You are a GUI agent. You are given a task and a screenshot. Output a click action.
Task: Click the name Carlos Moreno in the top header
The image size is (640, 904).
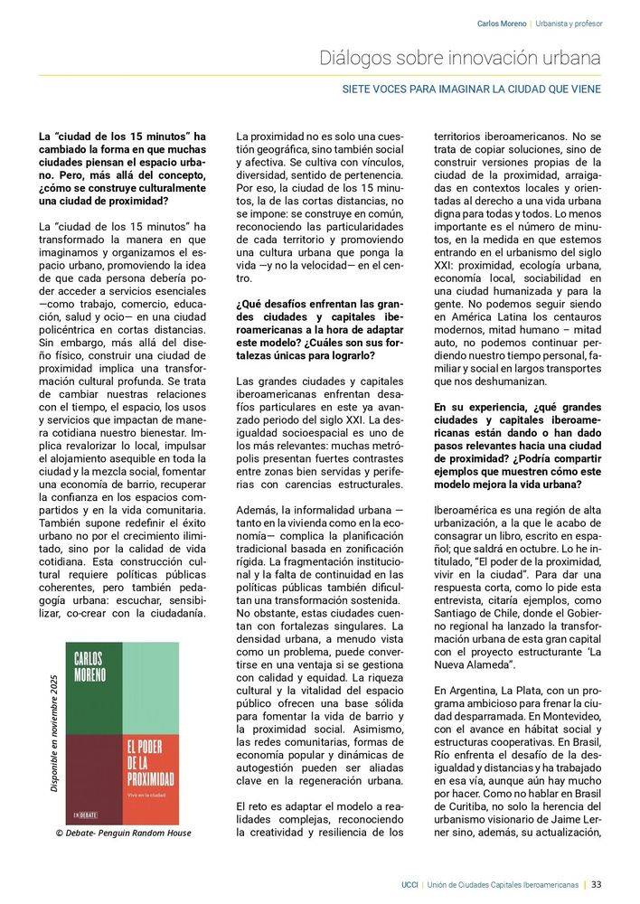click(x=501, y=24)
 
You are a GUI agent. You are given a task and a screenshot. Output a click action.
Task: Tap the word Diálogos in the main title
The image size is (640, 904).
click(x=353, y=58)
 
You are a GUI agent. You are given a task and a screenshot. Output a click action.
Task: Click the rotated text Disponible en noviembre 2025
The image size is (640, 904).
click(x=54, y=733)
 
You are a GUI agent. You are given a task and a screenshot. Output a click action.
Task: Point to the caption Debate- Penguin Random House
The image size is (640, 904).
click(x=124, y=833)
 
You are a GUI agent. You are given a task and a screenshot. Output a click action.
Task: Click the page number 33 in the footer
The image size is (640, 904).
click(x=597, y=884)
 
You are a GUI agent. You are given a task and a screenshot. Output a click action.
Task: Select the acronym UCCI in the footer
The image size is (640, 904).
click(x=409, y=884)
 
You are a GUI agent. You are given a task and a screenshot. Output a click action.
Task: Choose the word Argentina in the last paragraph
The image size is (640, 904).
click(x=471, y=689)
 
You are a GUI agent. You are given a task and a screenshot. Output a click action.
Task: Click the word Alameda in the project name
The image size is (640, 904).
click(x=484, y=664)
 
